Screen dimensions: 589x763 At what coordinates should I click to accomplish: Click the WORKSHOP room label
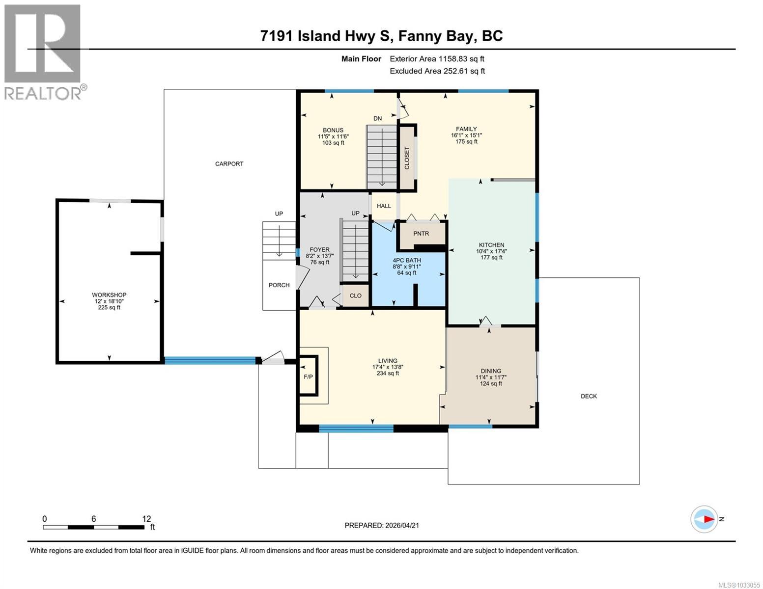(109, 295)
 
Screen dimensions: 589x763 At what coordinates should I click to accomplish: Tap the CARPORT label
(229, 164)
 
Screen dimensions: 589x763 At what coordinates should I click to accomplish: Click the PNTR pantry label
(421, 234)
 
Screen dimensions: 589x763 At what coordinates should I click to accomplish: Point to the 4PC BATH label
(407, 260)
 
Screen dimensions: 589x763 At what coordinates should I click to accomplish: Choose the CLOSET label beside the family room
(407, 158)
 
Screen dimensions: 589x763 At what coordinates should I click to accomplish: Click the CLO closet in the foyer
(355, 295)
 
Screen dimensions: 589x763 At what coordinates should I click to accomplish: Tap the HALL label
(384, 206)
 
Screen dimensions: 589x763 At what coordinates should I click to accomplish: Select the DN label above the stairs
(377, 119)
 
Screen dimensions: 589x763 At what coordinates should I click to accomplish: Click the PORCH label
(279, 285)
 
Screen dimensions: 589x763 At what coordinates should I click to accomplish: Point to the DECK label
(589, 396)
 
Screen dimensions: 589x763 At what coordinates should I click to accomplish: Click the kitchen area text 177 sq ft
(491, 258)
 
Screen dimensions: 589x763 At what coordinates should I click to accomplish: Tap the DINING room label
(491, 371)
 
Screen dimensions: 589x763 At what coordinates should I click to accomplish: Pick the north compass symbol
(705, 519)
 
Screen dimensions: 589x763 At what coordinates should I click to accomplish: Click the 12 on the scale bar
(146, 519)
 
